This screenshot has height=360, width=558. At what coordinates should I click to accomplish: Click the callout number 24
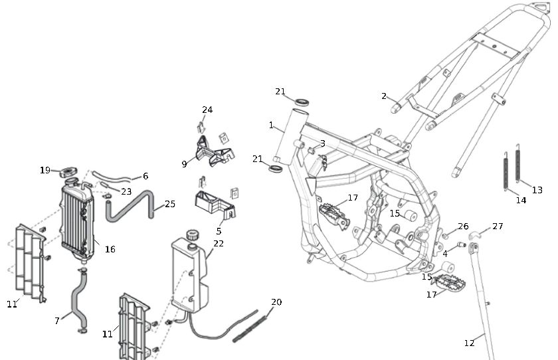tap(207, 110)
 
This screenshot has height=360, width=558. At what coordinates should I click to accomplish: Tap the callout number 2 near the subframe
tap(384, 96)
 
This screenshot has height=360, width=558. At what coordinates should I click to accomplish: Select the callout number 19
tap(45, 170)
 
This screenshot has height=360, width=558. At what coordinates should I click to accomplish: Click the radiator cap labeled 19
tap(68, 173)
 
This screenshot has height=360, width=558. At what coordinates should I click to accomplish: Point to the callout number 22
tap(219, 244)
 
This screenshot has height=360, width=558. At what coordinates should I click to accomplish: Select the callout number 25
tap(170, 204)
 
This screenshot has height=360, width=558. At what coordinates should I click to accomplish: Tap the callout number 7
tap(57, 321)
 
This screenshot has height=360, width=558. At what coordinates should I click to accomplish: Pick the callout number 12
tap(470, 343)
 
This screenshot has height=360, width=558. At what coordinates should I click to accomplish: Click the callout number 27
tap(498, 226)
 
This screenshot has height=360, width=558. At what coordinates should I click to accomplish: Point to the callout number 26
tap(463, 226)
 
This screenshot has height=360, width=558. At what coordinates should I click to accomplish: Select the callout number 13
tap(537, 190)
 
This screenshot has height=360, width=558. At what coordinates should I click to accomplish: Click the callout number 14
tap(521, 200)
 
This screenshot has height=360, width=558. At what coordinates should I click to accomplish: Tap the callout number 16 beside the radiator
tap(110, 249)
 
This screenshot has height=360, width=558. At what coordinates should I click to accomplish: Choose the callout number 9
tap(184, 163)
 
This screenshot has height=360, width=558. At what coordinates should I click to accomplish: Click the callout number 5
tap(219, 231)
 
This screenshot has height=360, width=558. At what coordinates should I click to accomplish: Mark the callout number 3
tap(322, 143)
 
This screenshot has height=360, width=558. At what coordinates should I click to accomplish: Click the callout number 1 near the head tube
tap(271, 125)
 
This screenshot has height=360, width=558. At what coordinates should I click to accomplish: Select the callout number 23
tap(126, 191)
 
